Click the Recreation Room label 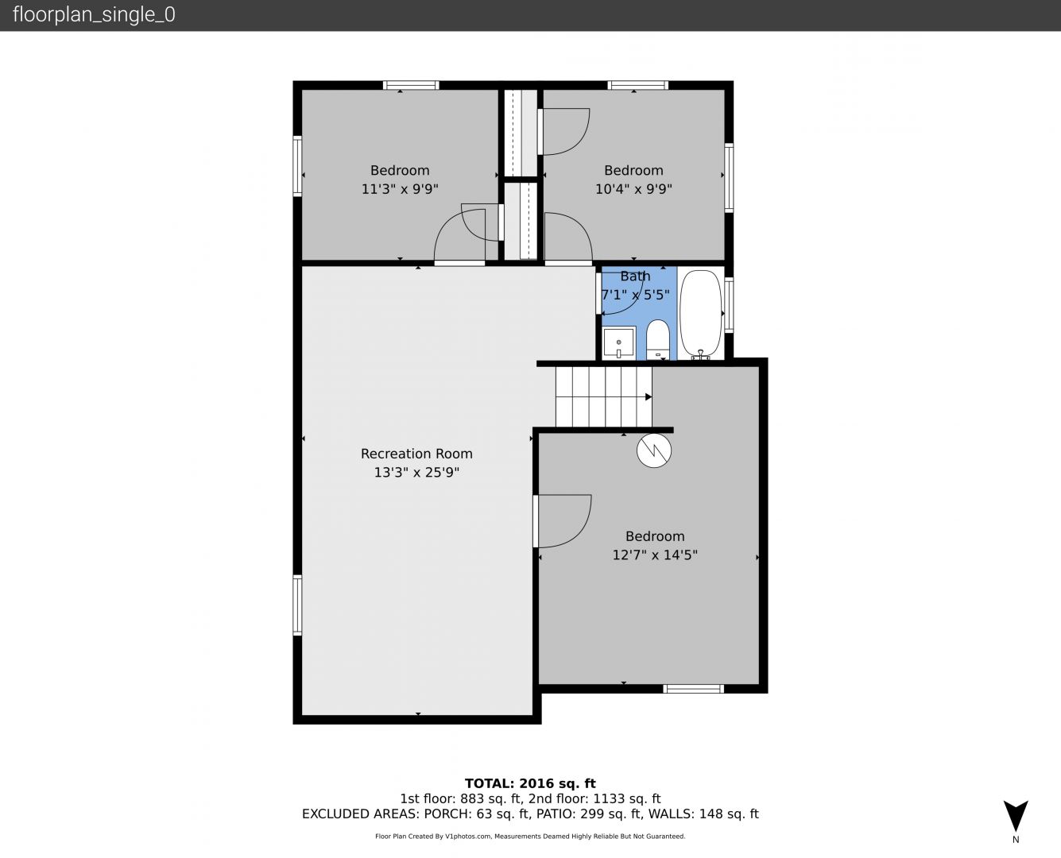pos(416,454)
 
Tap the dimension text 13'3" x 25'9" pos(416,472)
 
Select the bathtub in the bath pos(700,315)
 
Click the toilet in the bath pos(658,339)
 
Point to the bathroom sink pos(618,342)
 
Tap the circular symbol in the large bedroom pos(654,450)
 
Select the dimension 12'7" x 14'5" pos(655,555)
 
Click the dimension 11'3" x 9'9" pos(400,189)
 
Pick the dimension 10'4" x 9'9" pos(633,189)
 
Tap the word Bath pos(635,276)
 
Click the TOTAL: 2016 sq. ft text pos(530,783)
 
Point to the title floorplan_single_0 pos(94,14)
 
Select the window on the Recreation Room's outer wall pos(297,605)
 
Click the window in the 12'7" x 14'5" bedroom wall pos(693,689)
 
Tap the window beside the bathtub pos(729,305)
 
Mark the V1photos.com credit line pos(530,836)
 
